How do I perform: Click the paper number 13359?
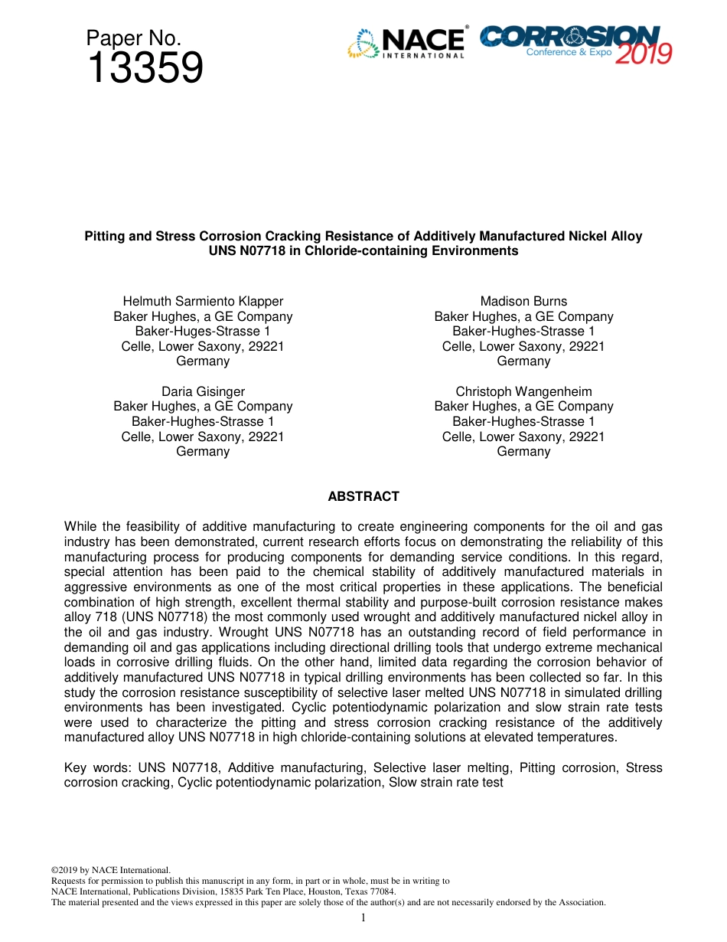(x=145, y=69)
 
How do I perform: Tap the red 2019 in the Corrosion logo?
(x=644, y=53)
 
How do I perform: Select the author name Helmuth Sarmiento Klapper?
(x=203, y=301)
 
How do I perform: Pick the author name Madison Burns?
(x=523, y=301)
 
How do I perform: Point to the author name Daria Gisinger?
(x=203, y=391)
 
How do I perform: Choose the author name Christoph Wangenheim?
(x=523, y=391)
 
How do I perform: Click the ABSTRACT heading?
(x=363, y=496)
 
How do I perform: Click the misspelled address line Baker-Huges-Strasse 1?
(x=203, y=331)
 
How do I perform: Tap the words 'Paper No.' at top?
(x=133, y=38)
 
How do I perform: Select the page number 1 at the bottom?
(x=363, y=917)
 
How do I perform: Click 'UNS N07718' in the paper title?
(x=244, y=250)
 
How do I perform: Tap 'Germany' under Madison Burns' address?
(x=523, y=361)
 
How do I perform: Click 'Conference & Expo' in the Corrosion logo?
(x=563, y=53)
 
